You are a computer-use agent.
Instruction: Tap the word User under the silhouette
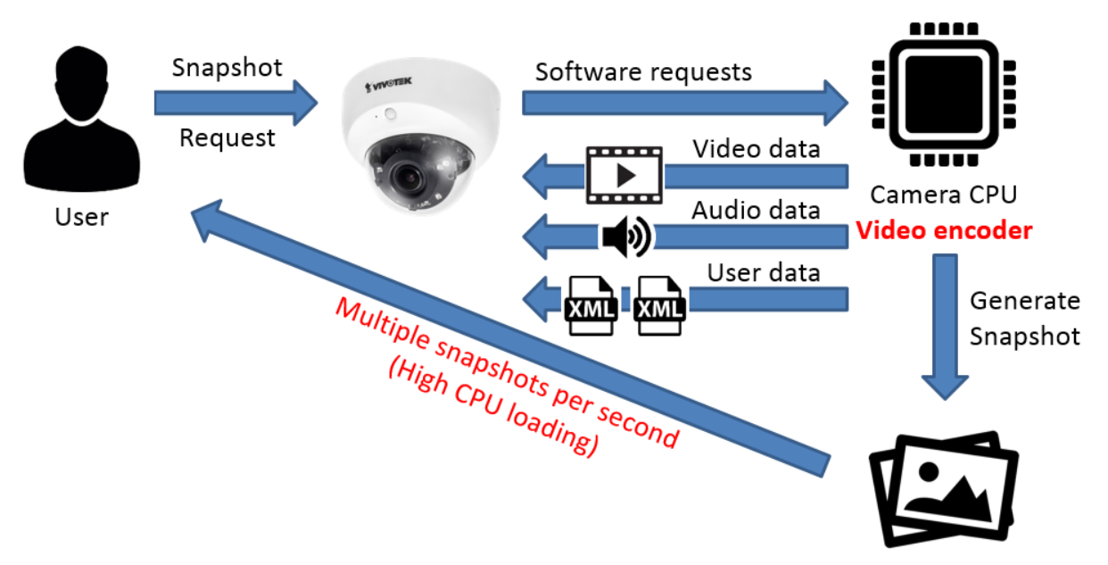tap(82, 216)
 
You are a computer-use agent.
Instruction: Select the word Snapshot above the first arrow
tap(227, 67)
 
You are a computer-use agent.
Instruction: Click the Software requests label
tap(643, 71)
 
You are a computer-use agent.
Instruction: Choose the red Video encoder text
tap(944, 230)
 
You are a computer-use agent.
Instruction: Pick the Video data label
tap(757, 148)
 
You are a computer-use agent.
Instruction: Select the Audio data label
tap(756, 211)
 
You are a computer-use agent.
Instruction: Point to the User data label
tap(763, 271)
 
